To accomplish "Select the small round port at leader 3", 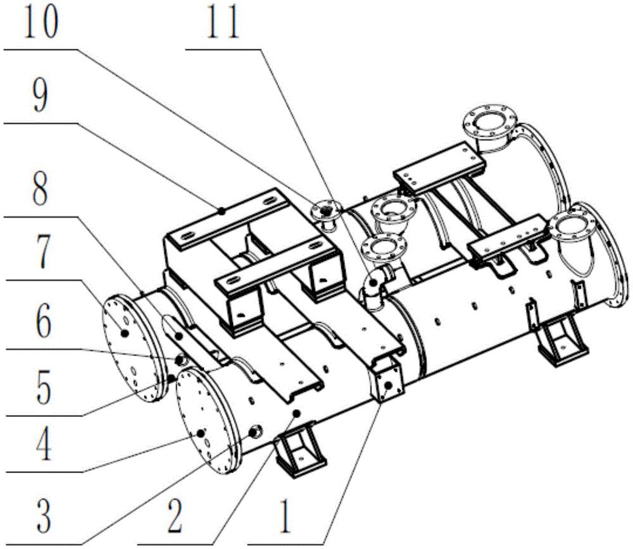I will (x=256, y=433).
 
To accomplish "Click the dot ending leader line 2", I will (x=296, y=413).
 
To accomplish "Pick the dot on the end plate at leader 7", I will (x=125, y=332).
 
